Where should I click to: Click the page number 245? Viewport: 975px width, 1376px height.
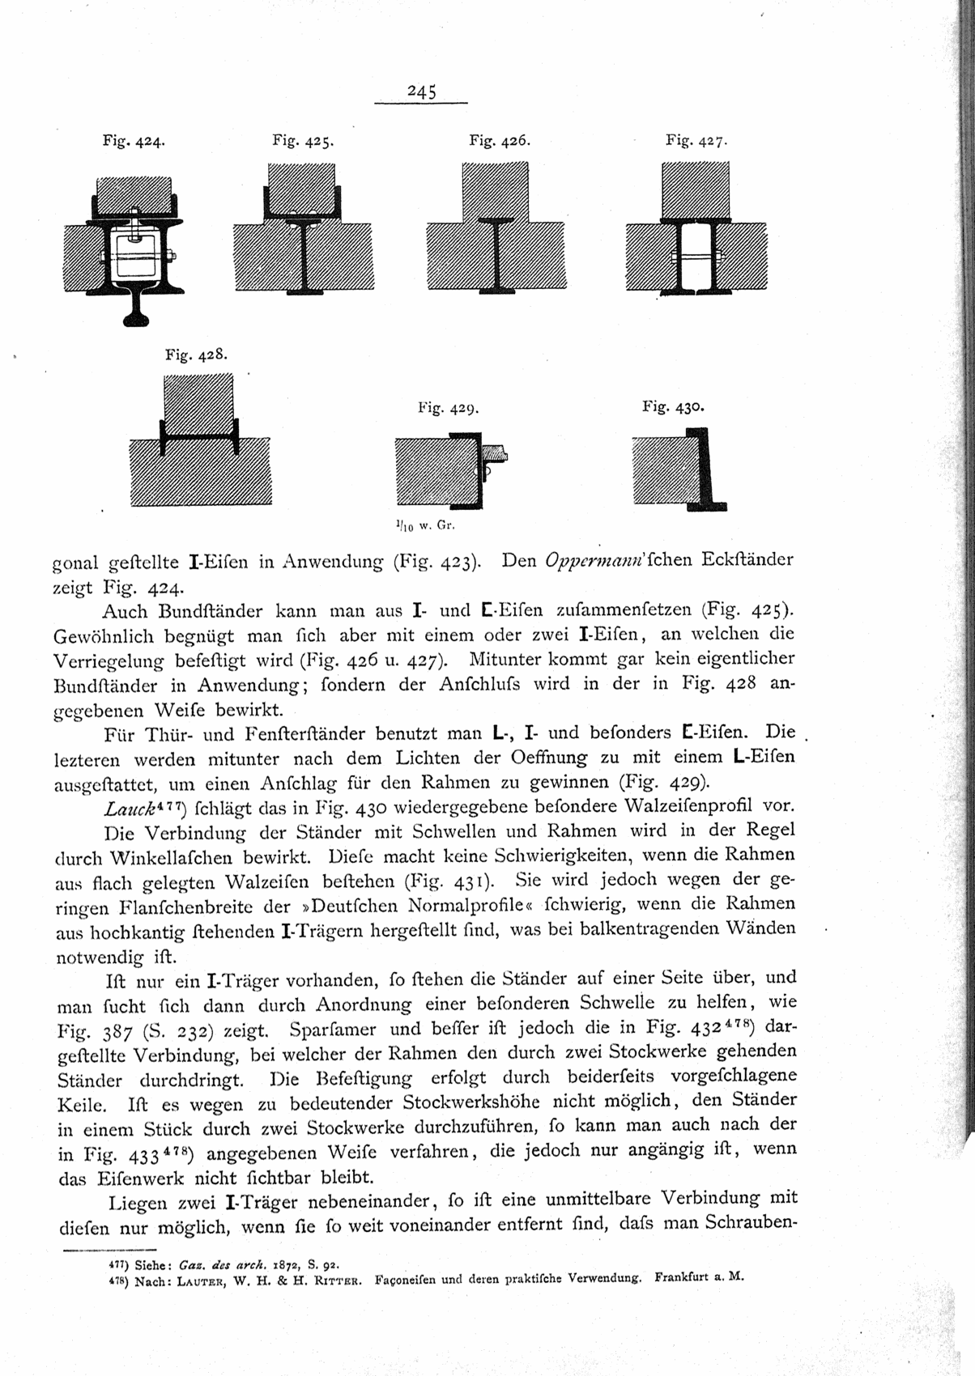[422, 91]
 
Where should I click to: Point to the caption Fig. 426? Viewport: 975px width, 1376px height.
[500, 140]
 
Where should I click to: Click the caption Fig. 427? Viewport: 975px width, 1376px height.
[696, 140]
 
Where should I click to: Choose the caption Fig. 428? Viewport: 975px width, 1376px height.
[197, 354]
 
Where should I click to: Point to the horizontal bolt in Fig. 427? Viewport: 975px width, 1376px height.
[697, 257]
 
